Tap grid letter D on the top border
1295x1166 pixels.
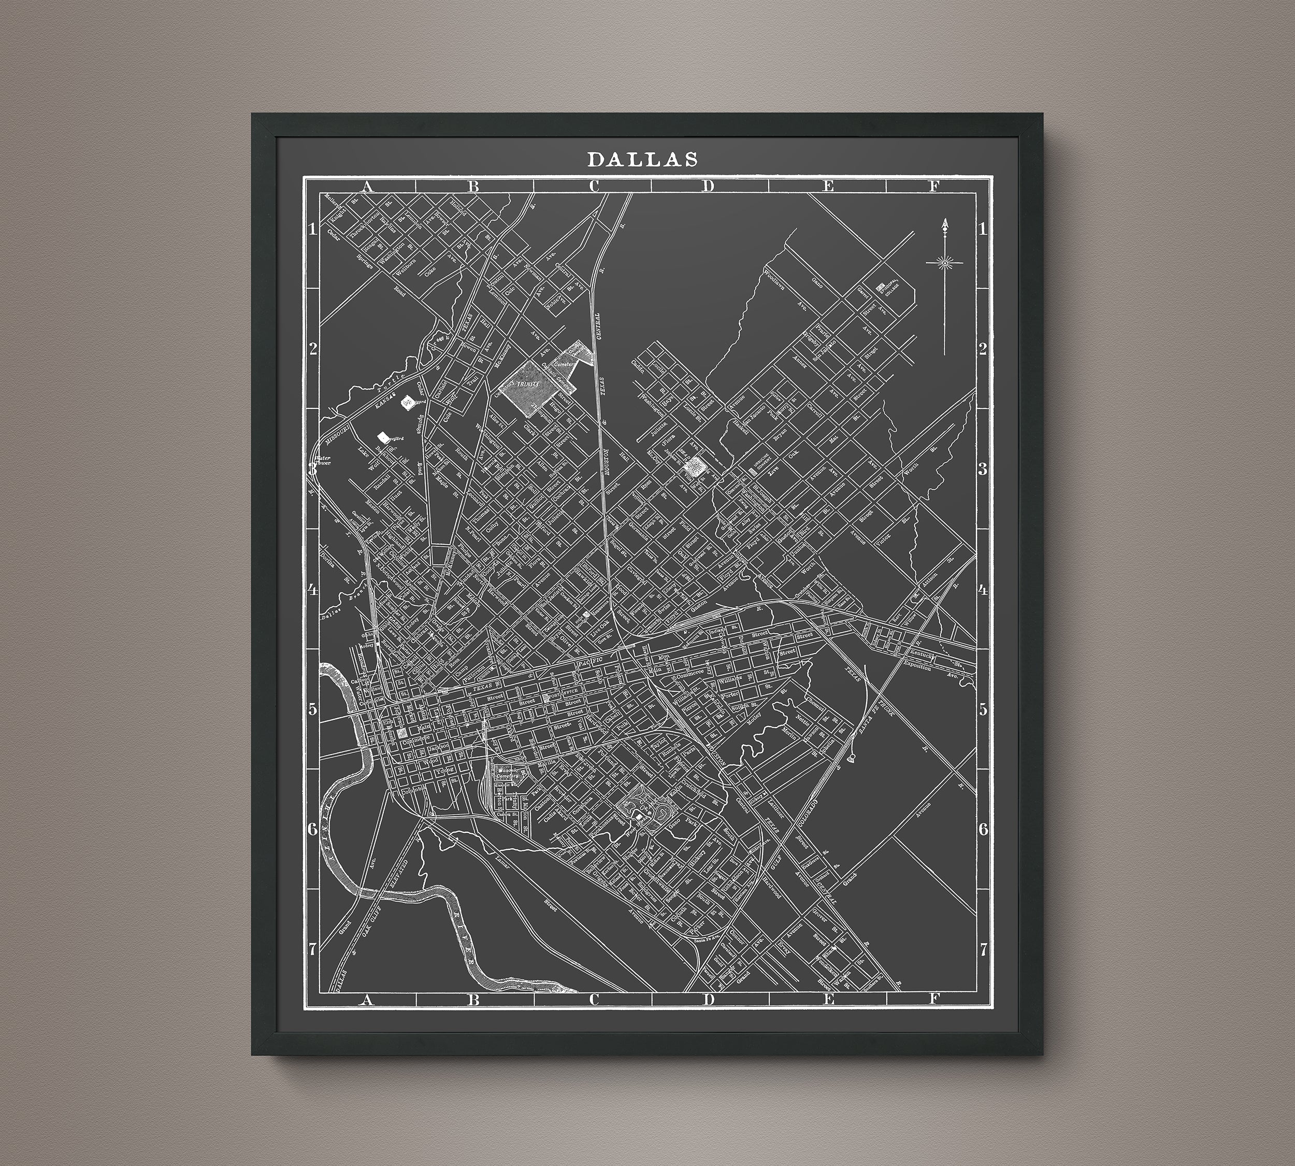tap(707, 187)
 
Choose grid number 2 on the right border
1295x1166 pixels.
tap(983, 349)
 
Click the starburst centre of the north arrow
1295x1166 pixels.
tap(945, 261)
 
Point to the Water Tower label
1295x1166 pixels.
tap(322, 461)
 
